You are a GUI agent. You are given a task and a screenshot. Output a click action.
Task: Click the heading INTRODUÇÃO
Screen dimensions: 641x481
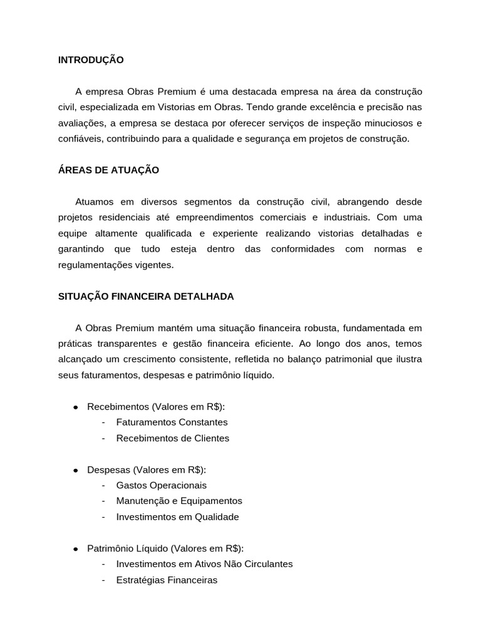coord(91,60)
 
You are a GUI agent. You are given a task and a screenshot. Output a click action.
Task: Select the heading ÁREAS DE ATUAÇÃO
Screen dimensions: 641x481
coord(108,170)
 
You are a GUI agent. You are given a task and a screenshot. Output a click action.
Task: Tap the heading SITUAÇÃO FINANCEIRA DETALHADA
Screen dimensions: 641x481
coord(146,297)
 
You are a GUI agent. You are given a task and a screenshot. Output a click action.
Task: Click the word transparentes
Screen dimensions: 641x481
coord(131,344)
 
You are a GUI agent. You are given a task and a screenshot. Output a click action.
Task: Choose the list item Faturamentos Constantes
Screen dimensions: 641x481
coord(172,423)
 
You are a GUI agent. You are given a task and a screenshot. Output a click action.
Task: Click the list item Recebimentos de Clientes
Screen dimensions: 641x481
coord(173,438)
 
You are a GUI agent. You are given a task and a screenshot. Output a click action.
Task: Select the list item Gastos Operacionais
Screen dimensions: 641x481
coord(161,486)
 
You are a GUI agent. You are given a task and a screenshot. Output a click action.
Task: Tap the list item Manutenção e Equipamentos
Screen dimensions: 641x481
coord(179,501)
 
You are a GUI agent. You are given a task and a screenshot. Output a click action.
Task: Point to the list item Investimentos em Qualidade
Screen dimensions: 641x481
coord(177,517)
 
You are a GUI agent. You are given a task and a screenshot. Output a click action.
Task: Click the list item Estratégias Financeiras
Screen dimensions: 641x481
coord(167,580)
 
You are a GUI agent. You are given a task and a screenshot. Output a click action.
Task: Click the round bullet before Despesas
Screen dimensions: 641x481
coord(75,470)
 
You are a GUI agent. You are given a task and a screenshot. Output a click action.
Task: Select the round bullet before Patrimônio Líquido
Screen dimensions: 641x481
coord(75,549)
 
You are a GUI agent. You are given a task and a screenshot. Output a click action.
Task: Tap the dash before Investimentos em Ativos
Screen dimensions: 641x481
coord(103,564)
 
